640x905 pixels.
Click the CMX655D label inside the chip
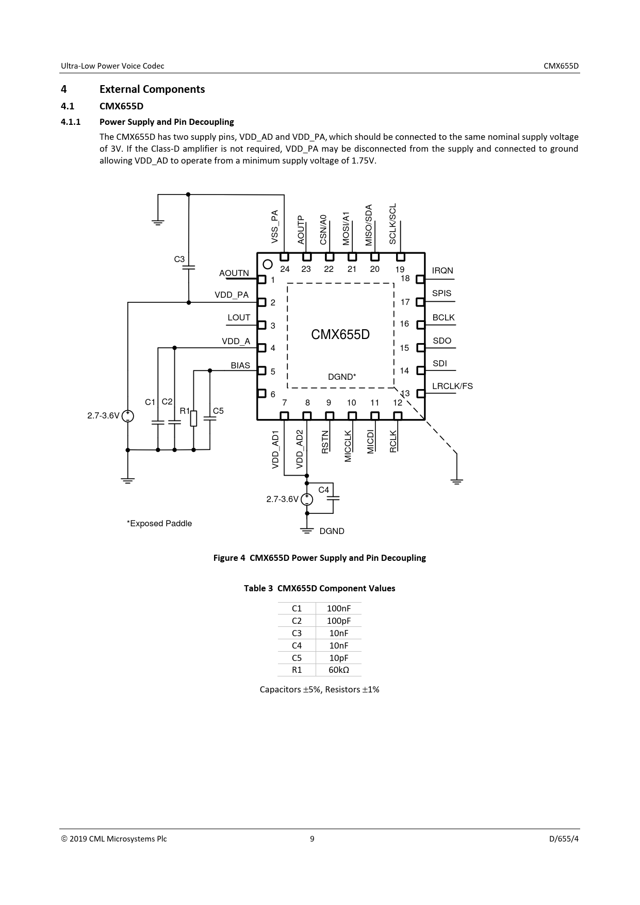tap(340, 334)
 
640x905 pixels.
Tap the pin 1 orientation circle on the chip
tap(267, 265)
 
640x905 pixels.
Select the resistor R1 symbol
tap(193, 418)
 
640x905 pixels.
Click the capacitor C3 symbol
tap(189, 268)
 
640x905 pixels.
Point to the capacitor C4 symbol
tap(333, 499)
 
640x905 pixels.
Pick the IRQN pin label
tap(442, 271)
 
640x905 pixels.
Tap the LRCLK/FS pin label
tap(452, 386)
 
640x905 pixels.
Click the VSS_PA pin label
tap(275, 227)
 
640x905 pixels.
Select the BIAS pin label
tap(240, 366)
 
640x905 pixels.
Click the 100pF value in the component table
tap(338, 621)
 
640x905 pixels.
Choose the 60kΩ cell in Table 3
tap(339, 670)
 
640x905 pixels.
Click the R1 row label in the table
tap(297, 670)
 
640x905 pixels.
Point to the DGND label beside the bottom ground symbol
tap(332, 531)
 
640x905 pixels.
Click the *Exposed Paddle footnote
tap(159, 524)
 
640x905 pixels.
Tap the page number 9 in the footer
tap(312, 838)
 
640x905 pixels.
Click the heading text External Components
tap(152, 89)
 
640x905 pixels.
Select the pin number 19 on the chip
tap(400, 269)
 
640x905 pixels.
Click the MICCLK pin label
tap(348, 446)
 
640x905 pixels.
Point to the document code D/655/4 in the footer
tap(564, 838)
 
